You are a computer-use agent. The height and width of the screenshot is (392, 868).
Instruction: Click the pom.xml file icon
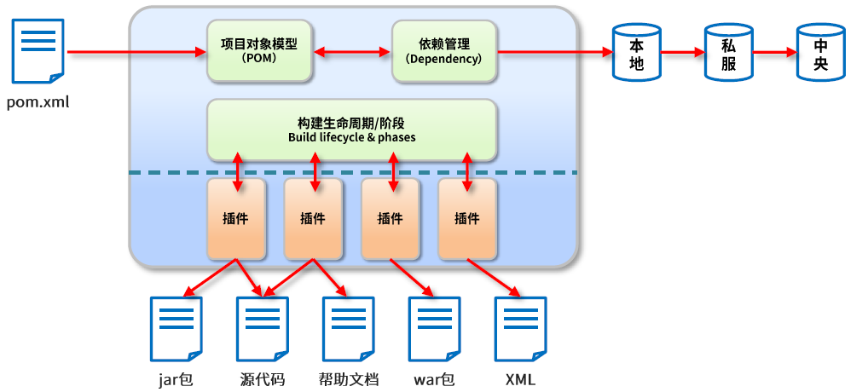(38, 51)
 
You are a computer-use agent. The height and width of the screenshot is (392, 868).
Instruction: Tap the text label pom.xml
(38, 102)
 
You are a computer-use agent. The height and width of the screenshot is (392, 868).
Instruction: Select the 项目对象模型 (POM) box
(259, 51)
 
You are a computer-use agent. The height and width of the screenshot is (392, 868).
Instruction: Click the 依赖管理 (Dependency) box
(444, 51)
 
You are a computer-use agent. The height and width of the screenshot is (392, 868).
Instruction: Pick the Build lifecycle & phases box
(351, 130)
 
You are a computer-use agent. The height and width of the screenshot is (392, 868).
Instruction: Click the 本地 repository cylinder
(637, 51)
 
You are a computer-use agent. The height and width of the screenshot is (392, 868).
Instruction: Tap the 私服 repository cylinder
(728, 51)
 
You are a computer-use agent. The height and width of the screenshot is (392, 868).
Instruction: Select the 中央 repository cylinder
(820, 51)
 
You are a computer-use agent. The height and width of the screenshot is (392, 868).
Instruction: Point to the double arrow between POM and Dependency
(352, 52)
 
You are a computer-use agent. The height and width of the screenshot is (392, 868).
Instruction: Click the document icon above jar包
(176, 329)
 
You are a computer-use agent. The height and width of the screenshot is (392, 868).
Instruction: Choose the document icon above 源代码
(263, 329)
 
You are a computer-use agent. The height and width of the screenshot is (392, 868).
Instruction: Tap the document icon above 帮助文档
(348, 329)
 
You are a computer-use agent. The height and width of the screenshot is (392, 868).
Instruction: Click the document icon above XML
(520, 329)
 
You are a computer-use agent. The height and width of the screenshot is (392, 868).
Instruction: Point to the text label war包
(434, 380)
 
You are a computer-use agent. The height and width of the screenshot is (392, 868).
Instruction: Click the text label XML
(520, 380)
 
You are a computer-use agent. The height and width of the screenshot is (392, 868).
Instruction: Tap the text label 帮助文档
(348, 380)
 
